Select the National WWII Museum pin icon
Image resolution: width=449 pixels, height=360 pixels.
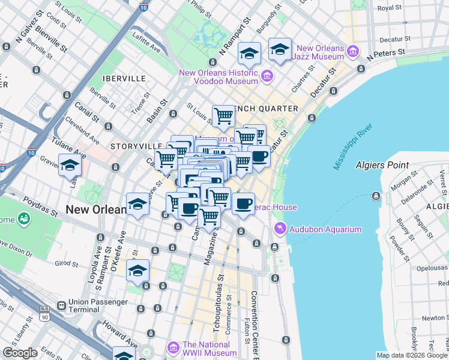click(x=173, y=348)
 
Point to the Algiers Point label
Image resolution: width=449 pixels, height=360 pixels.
click(x=382, y=165)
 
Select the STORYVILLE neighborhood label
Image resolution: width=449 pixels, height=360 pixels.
click(x=136, y=146)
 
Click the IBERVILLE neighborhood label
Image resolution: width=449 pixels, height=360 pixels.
click(x=124, y=79)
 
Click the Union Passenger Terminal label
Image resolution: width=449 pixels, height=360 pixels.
click(x=83, y=305)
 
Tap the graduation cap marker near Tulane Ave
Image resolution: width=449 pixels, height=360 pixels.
click(x=70, y=164)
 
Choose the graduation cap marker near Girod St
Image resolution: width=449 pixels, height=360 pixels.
click(x=137, y=270)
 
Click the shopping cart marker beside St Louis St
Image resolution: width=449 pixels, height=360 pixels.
click(x=223, y=115)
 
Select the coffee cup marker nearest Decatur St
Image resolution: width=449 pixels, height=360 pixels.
click(x=259, y=156)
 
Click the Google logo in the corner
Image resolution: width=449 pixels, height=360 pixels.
click(x=20, y=353)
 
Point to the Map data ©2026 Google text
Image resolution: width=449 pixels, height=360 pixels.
click(x=411, y=355)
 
